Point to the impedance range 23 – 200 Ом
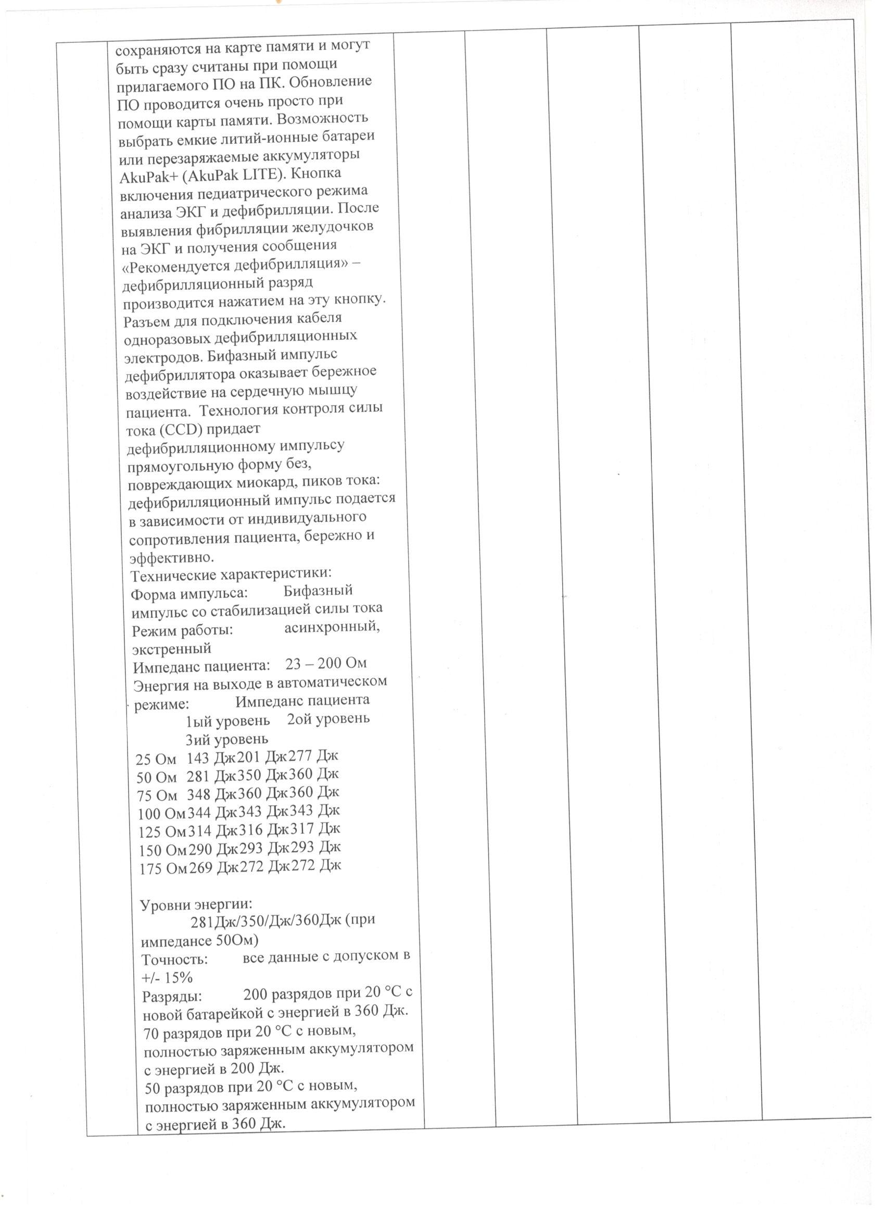point(326,664)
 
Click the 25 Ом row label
point(156,760)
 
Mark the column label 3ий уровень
point(226,740)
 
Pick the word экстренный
point(172,648)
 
